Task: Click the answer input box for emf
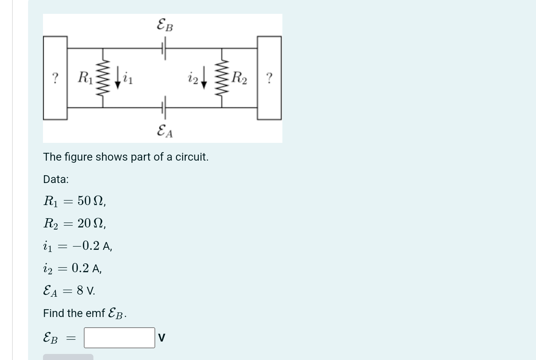click(119, 338)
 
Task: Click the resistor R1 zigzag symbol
click(103, 78)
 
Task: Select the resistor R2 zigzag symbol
click(222, 78)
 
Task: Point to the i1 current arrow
click(118, 78)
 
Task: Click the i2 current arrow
click(204, 78)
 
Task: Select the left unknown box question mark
click(55, 77)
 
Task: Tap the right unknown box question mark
click(270, 77)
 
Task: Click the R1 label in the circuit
click(85, 77)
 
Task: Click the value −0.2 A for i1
click(92, 246)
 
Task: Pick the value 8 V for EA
click(86, 291)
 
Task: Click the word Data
click(56, 179)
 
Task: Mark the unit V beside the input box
click(162, 338)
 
